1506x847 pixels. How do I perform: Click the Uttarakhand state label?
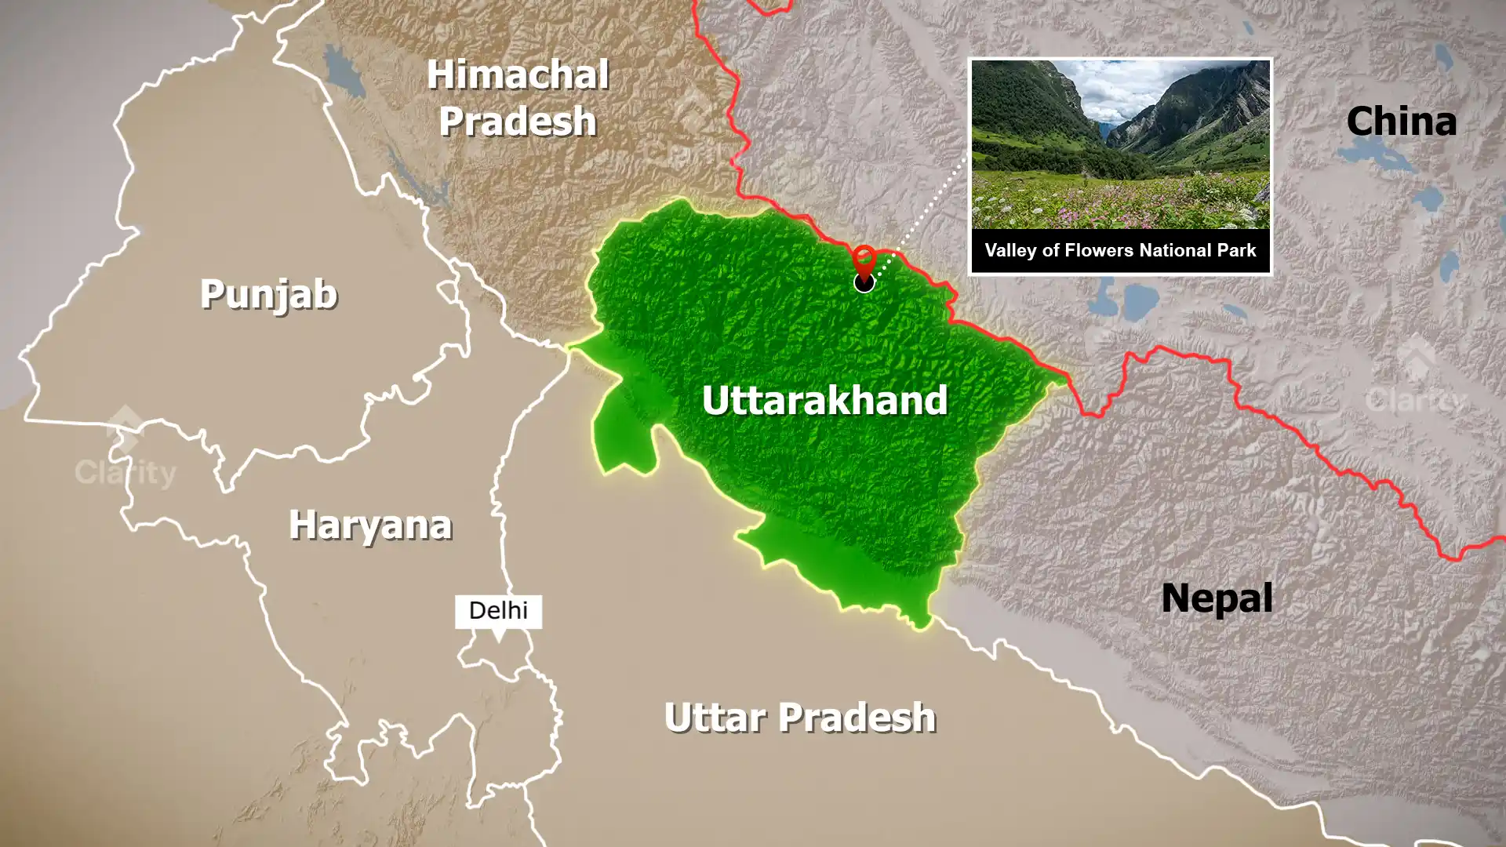click(824, 400)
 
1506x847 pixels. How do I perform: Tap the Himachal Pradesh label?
click(518, 98)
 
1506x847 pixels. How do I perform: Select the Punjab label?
click(268, 294)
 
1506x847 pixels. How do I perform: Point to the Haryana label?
click(370, 525)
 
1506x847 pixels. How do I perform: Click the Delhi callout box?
click(498, 610)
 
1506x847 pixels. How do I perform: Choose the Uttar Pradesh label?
click(800, 718)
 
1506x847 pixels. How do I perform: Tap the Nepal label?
click(1217, 598)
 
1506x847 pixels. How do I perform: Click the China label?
click(1401, 122)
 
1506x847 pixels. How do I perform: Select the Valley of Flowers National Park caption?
click(1120, 250)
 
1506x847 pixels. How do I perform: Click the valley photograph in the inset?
click(1120, 145)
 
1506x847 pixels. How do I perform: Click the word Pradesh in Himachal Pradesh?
click(518, 122)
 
